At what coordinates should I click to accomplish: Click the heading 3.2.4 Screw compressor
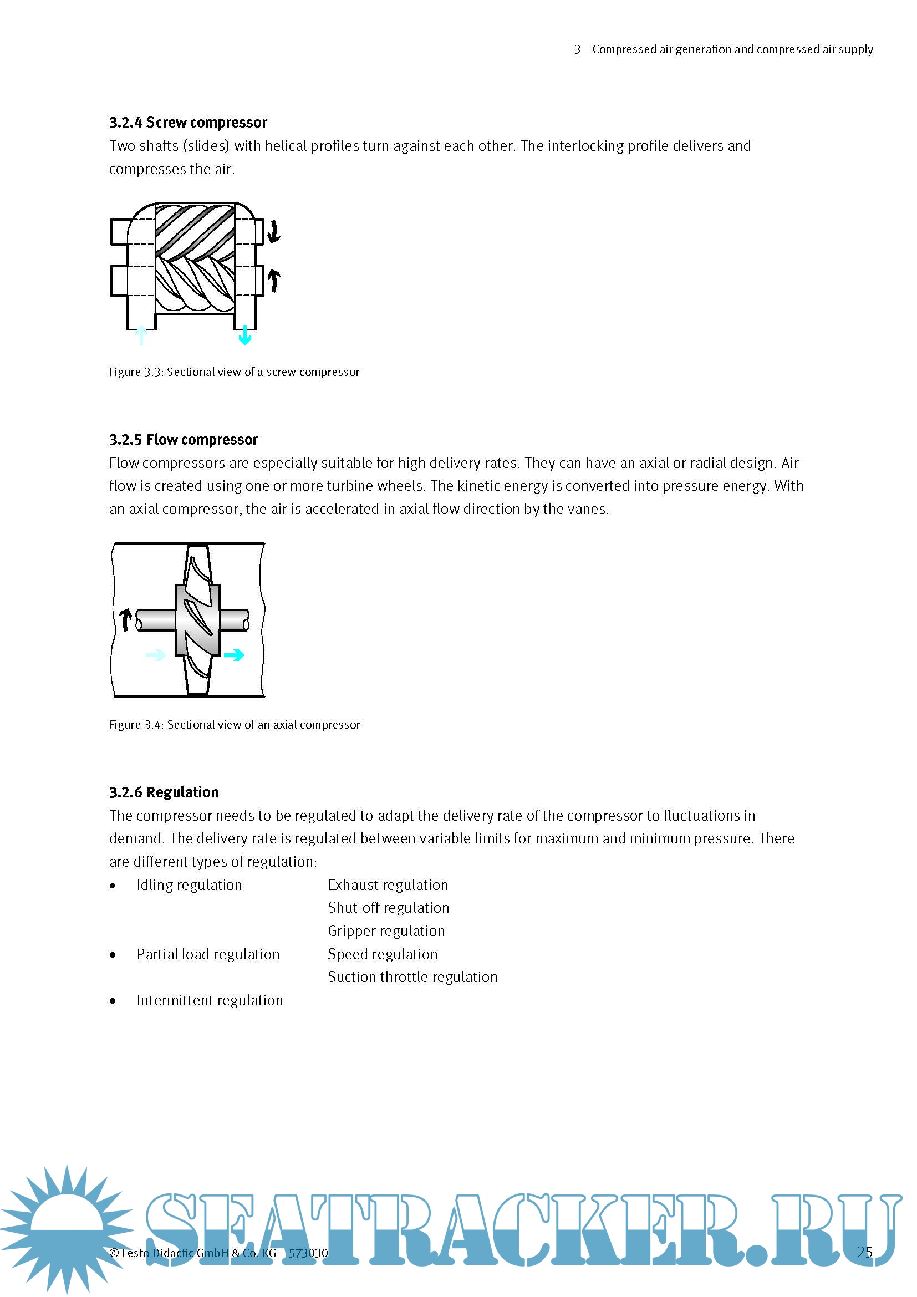point(188,123)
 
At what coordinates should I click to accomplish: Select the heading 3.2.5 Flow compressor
point(184,440)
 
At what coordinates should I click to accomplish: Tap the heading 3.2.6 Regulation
point(164,792)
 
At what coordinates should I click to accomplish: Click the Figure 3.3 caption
point(235,372)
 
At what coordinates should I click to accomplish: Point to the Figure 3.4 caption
point(235,725)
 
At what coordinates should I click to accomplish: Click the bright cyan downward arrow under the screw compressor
point(245,335)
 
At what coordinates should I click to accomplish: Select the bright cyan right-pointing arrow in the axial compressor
point(234,655)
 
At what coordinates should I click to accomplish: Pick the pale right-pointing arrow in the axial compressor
point(155,655)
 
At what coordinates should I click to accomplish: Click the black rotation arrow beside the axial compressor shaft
point(126,620)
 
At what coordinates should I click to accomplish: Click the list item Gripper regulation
point(386,931)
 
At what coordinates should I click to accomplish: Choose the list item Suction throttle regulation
point(412,977)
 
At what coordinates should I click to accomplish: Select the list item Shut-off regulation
point(389,908)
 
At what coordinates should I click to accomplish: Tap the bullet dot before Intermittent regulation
point(114,1001)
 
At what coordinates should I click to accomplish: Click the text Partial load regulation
point(208,955)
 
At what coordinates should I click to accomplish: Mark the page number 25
point(864,1253)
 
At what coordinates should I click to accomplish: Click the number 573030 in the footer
point(308,1254)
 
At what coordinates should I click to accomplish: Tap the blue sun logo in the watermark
point(67,1229)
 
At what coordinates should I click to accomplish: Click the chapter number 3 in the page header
point(577,50)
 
